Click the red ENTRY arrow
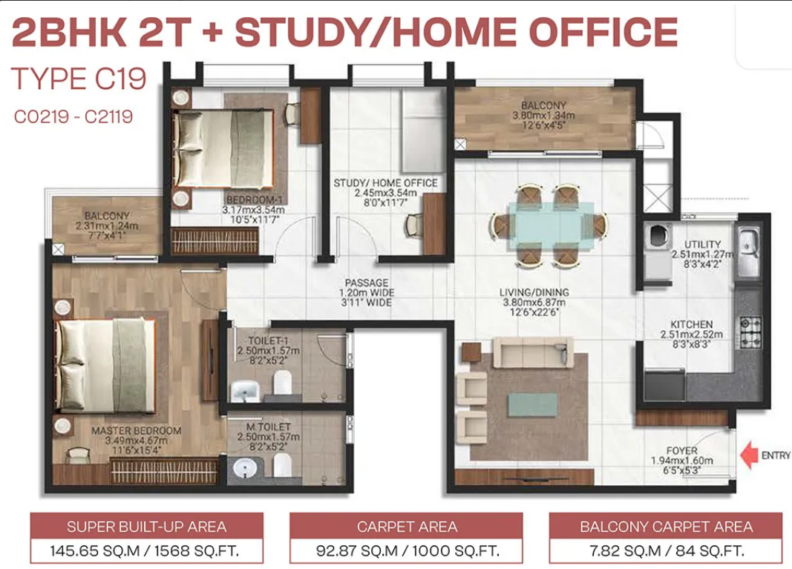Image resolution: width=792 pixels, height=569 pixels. (750, 455)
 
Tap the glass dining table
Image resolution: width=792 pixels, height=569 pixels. (550, 226)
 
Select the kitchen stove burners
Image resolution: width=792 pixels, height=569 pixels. (750, 332)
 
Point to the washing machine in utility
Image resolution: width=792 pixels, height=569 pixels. (658, 236)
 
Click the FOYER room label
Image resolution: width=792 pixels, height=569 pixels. (682, 450)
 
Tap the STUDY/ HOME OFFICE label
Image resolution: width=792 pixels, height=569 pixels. (385, 182)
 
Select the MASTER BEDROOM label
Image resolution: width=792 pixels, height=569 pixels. (137, 431)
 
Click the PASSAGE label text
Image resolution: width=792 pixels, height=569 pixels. (367, 283)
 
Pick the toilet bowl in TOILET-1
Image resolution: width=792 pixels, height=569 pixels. (283, 382)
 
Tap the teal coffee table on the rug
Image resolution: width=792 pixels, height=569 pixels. (532, 404)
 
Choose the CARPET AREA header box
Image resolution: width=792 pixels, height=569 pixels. (407, 527)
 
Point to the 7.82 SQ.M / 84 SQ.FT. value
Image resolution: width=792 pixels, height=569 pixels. (667, 550)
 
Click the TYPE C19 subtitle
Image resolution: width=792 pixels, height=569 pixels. (79, 79)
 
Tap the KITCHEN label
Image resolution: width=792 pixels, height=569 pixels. (692, 325)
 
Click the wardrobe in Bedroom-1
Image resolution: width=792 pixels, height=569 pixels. (215, 241)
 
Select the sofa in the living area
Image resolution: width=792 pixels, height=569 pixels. (533, 352)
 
